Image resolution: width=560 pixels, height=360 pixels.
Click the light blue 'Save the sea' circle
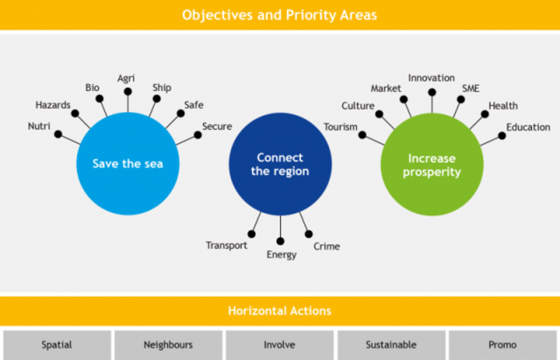click(x=128, y=164)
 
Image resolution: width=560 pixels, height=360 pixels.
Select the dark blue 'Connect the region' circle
click(x=281, y=165)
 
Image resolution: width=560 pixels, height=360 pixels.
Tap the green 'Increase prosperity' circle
click(x=432, y=165)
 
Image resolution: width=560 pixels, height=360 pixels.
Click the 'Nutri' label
click(x=39, y=126)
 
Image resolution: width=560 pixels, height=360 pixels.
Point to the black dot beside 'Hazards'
click(x=75, y=113)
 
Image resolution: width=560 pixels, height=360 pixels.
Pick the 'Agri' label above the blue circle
click(x=126, y=78)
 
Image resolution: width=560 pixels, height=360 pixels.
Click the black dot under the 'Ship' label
click(x=156, y=99)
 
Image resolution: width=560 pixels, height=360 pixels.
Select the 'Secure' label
click(x=217, y=126)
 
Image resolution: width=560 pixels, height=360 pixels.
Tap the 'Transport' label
click(x=226, y=245)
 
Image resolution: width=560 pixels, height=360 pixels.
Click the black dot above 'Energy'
click(x=281, y=242)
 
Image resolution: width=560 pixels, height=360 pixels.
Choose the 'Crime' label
click(x=327, y=247)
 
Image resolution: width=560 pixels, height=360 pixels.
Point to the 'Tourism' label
click(x=340, y=127)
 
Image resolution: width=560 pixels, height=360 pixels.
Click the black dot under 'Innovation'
click(x=432, y=92)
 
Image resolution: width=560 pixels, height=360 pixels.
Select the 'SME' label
click(x=470, y=88)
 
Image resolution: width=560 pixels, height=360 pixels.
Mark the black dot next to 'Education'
click(x=502, y=136)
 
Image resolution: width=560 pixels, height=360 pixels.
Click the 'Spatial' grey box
click(x=57, y=345)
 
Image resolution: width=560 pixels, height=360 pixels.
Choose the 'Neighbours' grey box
click(x=169, y=345)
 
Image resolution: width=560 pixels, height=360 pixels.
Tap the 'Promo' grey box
click(x=503, y=345)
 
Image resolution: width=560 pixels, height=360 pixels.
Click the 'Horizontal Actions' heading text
click(x=279, y=311)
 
